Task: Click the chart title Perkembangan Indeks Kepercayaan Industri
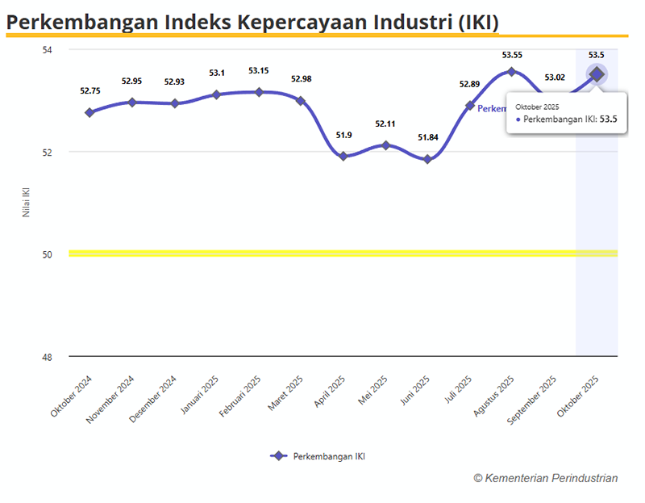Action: coord(252,22)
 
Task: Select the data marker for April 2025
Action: coord(343,156)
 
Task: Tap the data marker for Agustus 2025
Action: coord(511,72)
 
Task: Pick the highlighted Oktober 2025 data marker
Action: coord(597,74)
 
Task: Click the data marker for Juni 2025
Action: coord(427,159)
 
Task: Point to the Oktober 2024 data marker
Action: coord(89,112)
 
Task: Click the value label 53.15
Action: coord(259,71)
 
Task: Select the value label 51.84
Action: coord(428,137)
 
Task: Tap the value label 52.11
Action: coord(385,124)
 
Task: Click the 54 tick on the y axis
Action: coord(47,50)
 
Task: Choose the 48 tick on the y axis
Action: coord(47,357)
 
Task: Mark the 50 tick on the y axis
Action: coord(47,254)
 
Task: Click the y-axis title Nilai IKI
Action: coord(26,203)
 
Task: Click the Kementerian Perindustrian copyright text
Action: coord(546,478)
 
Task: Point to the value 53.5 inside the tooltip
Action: coord(609,119)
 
